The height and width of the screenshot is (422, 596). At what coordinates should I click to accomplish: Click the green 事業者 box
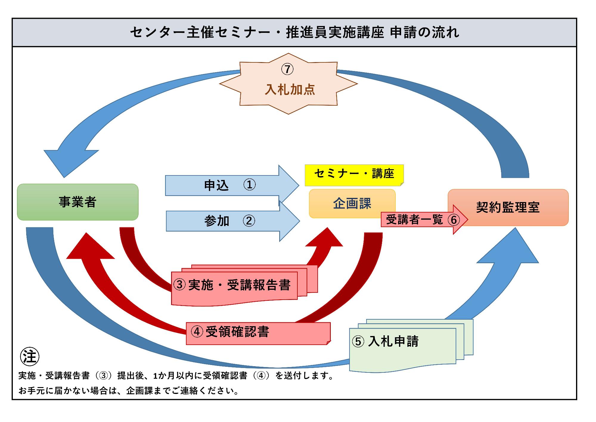(77, 202)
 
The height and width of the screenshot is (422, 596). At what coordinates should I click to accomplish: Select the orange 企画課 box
(352, 204)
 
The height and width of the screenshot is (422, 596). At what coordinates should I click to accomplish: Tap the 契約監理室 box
(508, 207)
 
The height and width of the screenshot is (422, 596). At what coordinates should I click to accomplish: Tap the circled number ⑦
(287, 69)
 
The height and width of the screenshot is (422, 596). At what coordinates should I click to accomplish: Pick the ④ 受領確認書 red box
(258, 333)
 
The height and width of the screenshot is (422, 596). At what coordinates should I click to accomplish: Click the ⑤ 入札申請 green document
(402, 343)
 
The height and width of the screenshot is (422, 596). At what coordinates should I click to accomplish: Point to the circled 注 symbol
(30, 356)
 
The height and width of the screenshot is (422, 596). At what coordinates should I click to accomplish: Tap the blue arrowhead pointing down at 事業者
(69, 161)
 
